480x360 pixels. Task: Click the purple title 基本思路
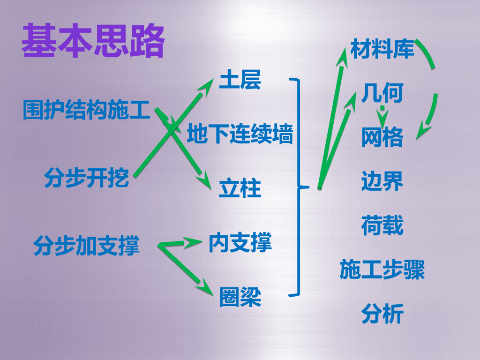coord(93,42)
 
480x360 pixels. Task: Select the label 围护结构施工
coord(87,111)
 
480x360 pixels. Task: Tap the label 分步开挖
coord(87,178)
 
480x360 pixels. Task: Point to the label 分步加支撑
coord(87,246)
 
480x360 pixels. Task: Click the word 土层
coord(240,81)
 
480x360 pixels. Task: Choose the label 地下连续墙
coord(240,135)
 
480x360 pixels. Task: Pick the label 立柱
coord(240,189)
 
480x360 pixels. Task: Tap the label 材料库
coord(382,49)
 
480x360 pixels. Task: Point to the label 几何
coord(382,94)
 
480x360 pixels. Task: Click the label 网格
coord(382,138)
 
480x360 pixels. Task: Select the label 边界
coord(382,181)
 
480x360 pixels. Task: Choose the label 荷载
coord(382,225)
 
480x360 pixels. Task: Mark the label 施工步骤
coord(382,270)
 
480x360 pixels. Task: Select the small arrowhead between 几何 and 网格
coord(382,118)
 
